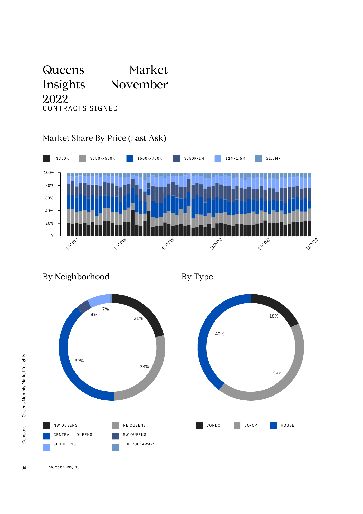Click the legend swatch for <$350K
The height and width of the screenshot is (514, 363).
(46, 159)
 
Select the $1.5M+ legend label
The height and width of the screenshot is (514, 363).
(273, 158)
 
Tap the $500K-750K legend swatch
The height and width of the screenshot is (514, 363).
(130, 159)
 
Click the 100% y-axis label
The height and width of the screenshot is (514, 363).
(49, 173)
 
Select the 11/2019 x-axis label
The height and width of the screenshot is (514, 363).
(168, 244)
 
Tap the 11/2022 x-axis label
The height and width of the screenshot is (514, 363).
(312, 244)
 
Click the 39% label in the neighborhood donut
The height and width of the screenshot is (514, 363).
(79, 361)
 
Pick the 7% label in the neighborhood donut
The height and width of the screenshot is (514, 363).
(106, 309)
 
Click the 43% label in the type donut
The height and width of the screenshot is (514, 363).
(278, 372)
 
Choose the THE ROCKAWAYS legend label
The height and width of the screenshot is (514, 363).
(139, 444)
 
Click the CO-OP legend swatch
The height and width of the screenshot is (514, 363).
(237, 426)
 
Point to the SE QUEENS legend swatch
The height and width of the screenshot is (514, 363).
(46, 447)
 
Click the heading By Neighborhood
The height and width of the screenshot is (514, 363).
(76, 277)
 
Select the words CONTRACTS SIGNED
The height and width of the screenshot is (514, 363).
(80, 108)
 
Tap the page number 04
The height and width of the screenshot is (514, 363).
(24, 468)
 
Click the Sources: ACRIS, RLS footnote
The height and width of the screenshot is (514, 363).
(64, 467)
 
